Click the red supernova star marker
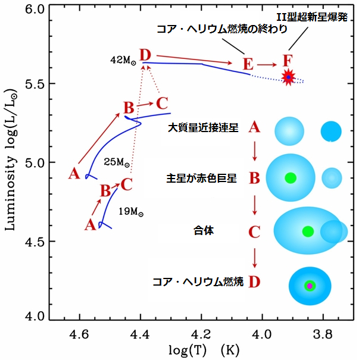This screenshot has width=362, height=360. click(x=289, y=77)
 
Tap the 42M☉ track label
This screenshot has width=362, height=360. click(x=123, y=60)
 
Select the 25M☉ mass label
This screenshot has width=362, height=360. click(x=116, y=162)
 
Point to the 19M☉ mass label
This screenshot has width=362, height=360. click(x=132, y=211)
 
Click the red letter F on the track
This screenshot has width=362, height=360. click(x=288, y=61)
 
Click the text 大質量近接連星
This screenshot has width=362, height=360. click(x=203, y=128)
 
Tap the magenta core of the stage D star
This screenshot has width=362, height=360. click(x=310, y=286)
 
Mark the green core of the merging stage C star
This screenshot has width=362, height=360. click(x=308, y=231)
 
